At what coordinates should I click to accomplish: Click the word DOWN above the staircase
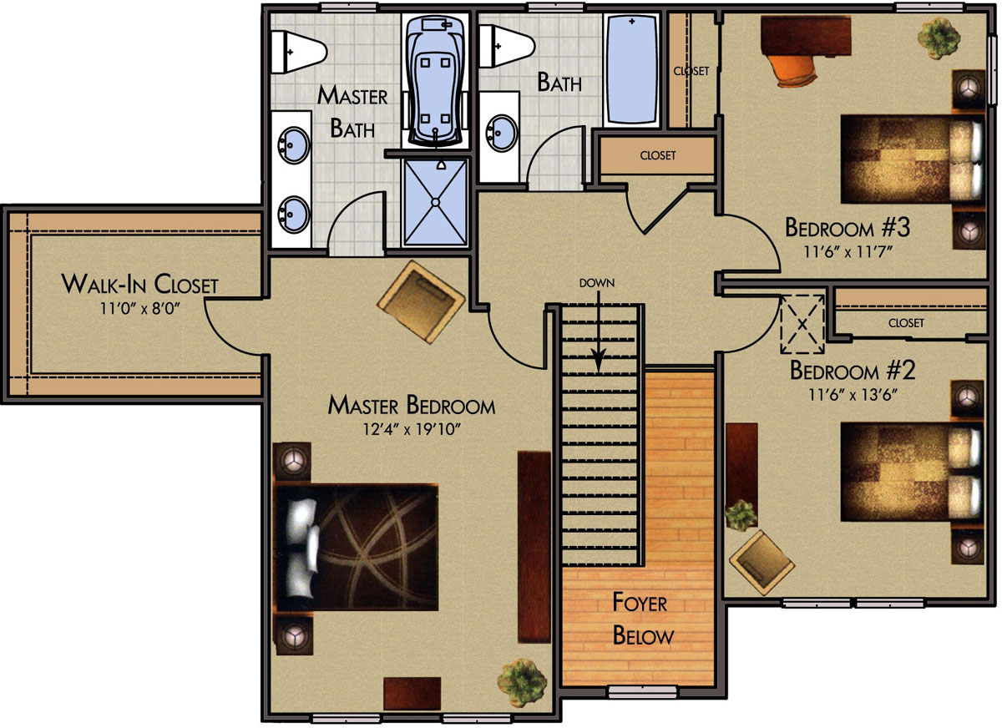pyautogui.click(x=597, y=283)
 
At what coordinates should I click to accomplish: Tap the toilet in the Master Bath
pyautogui.click(x=298, y=52)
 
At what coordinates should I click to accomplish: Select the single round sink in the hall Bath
pyautogui.click(x=504, y=134)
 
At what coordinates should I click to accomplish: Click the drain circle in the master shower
pyautogui.click(x=435, y=202)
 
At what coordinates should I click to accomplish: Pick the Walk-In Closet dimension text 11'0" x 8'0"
pyautogui.click(x=140, y=309)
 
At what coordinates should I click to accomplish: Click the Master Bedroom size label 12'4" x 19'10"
pyautogui.click(x=412, y=429)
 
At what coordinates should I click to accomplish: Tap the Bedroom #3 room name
pyautogui.click(x=848, y=227)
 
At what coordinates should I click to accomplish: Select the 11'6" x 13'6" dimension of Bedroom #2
pyautogui.click(x=853, y=394)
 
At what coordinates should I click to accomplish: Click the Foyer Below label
pyautogui.click(x=643, y=619)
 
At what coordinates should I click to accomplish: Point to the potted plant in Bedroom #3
pyautogui.click(x=939, y=38)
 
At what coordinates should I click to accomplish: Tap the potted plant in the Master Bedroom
pyautogui.click(x=522, y=682)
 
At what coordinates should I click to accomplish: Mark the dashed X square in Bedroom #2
pyautogui.click(x=802, y=324)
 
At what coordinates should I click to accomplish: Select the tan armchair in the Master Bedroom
pyautogui.click(x=421, y=302)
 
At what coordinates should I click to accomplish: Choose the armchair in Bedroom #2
pyautogui.click(x=762, y=563)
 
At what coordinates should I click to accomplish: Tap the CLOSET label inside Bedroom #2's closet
pyautogui.click(x=906, y=323)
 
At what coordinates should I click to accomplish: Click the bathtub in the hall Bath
pyautogui.click(x=631, y=70)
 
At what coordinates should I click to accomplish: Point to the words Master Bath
pyautogui.click(x=352, y=111)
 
